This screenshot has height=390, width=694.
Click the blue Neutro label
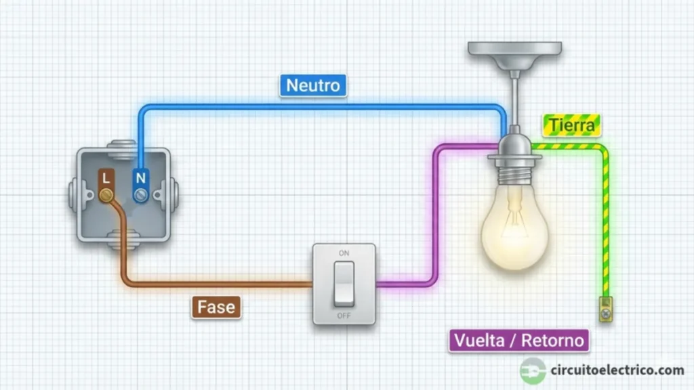313,86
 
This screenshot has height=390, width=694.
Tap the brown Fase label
216,307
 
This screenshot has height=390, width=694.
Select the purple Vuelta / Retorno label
518,340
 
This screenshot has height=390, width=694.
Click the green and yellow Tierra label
571,125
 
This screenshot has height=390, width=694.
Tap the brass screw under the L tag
106,196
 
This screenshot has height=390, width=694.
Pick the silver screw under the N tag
141,196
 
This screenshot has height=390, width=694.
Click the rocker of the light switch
344,282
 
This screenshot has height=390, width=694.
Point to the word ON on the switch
344,253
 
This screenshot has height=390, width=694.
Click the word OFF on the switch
344,316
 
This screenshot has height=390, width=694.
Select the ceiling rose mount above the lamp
515,51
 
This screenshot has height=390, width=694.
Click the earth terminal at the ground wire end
605,308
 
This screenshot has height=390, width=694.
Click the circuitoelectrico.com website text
617,370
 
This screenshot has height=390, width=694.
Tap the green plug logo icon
533,370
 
